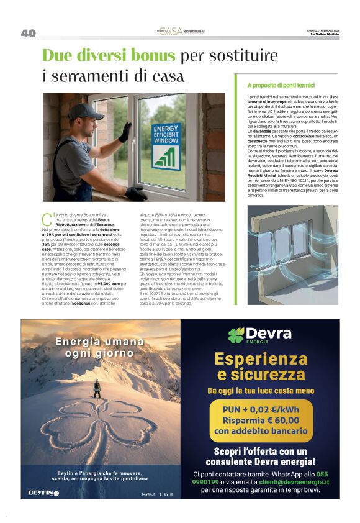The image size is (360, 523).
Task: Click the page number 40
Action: pyautogui.click(x=28, y=33)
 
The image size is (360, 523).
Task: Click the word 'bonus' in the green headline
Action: pyautogui.click(x=152, y=56)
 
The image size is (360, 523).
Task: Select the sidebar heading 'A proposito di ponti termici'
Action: pyautogui.click(x=281, y=84)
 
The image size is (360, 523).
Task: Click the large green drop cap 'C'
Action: pyautogui.click(x=46, y=219)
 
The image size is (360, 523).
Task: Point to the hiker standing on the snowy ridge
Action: pyautogui.click(x=97, y=389)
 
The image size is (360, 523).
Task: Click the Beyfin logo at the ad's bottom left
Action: pyautogui.click(x=43, y=493)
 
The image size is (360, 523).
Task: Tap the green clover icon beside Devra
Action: pyautogui.click(x=236, y=335)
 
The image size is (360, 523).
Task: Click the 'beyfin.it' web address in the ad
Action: pyautogui.click(x=148, y=494)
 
